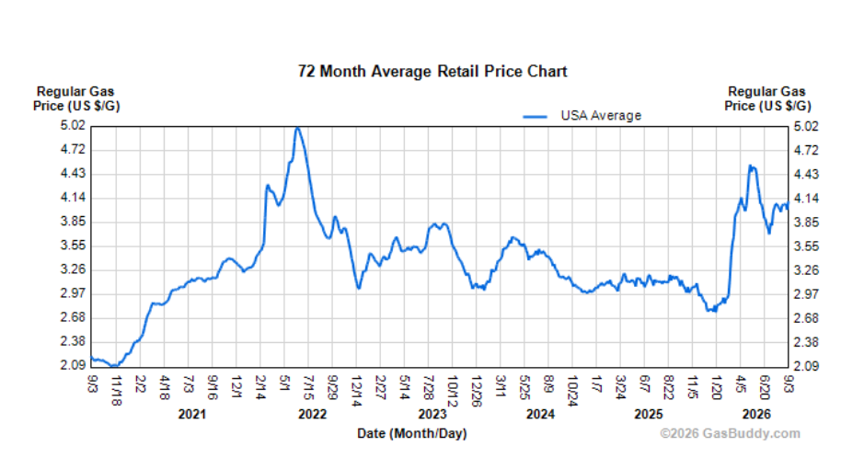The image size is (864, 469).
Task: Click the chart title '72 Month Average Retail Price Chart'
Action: [x=432, y=72]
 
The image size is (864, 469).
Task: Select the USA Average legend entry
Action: [x=582, y=116]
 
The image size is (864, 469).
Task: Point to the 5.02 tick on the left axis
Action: [x=73, y=125]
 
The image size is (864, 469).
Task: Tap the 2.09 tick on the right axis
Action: [x=806, y=366]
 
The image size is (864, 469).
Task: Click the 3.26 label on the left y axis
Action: [x=73, y=269]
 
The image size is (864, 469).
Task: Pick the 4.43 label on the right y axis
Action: [x=806, y=175]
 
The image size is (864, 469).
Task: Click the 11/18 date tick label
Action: [x=116, y=390]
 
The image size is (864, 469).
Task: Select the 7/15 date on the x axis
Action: [x=308, y=387]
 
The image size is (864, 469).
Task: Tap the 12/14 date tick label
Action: [x=356, y=391]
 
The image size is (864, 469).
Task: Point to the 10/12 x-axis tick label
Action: [x=453, y=391]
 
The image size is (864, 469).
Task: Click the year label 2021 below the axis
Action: [x=191, y=415]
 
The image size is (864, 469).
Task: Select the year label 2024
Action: [x=540, y=415]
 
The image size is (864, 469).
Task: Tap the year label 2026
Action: [x=756, y=415]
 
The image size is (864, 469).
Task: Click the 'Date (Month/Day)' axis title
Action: [x=412, y=434]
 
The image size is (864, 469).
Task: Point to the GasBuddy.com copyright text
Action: [x=730, y=434]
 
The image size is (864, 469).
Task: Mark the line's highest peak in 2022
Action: [x=297, y=128]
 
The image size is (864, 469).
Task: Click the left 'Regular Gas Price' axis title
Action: [x=76, y=98]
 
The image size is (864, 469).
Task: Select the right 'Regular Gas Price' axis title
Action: [x=767, y=98]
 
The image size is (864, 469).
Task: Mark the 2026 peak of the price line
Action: [x=750, y=166]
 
